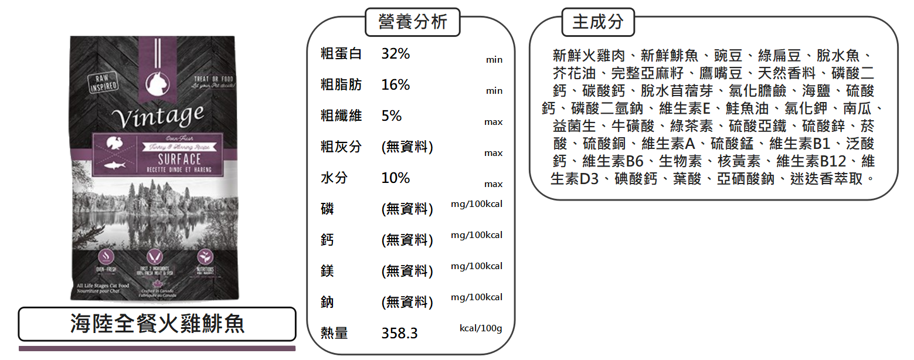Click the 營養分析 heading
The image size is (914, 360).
[412, 22]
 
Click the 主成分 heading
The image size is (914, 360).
[597, 22]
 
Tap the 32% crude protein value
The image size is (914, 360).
[395, 54]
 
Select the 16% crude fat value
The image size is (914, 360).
[395, 85]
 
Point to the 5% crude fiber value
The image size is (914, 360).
[391, 116]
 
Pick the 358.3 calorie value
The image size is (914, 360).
[399, 334]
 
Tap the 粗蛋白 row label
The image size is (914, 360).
[341, 54]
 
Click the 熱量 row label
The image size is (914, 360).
[334, 334]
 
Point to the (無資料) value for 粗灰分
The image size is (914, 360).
[407, 147]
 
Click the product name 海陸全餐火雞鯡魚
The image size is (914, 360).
[157, 324]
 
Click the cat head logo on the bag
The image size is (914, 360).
[157, 84]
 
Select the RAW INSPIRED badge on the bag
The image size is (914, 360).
[103, 84]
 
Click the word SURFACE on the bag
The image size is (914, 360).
[179, 159]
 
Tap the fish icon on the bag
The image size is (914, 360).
[114, 166]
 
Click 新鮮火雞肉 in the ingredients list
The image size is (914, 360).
[588, 56]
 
